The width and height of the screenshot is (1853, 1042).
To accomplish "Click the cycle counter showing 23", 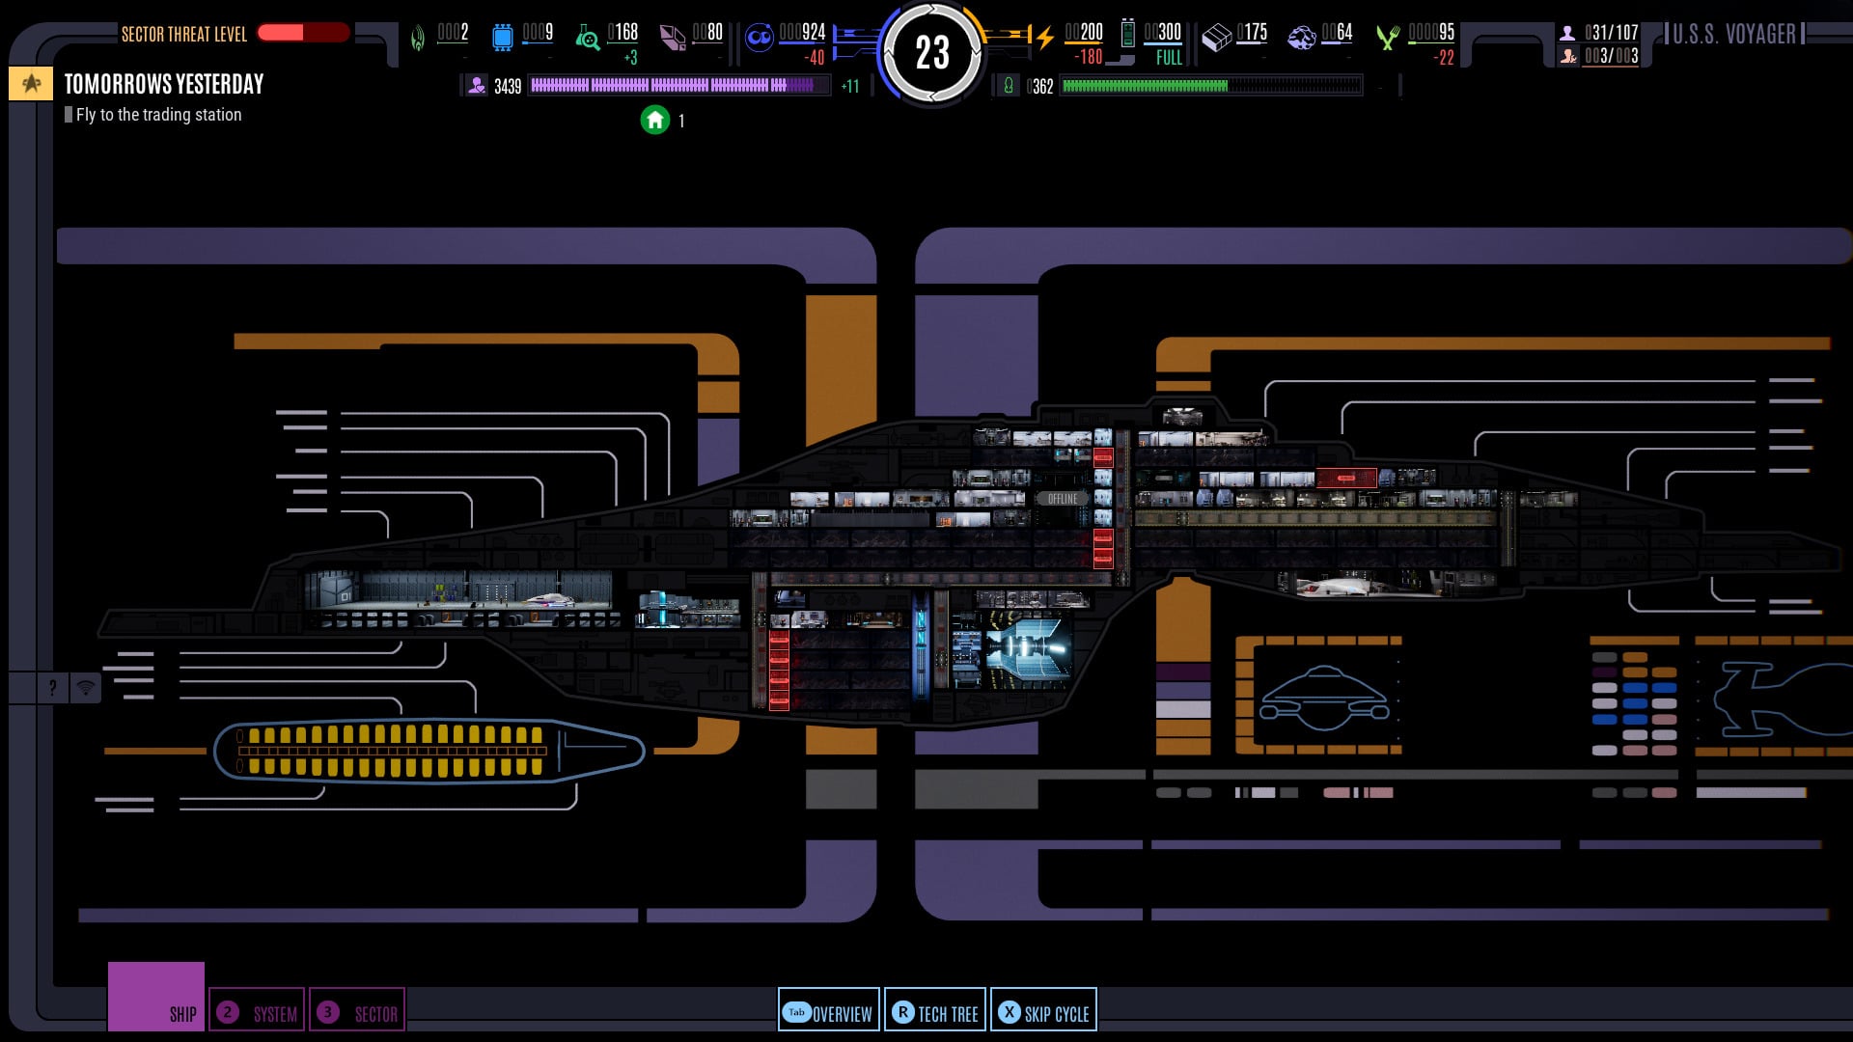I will click(932, 53).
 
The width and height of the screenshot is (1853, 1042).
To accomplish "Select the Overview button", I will click(829, 1011).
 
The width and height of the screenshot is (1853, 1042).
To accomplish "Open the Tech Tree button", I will click(935, 1011).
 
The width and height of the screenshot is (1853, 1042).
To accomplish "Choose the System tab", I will click(258, 1012).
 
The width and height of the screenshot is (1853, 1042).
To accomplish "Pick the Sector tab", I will click(357, 1012).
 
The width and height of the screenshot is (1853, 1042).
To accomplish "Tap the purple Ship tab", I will click(156, 997).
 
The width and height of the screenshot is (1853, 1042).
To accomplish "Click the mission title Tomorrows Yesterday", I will click(164, 85).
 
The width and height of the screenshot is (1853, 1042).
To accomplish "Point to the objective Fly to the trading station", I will click(158, 115).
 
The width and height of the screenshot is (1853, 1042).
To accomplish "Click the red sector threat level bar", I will click(303, 33).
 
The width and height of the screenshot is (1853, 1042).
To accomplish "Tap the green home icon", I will click(655, 120).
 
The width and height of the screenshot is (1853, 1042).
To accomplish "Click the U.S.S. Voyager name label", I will click(1734, 35).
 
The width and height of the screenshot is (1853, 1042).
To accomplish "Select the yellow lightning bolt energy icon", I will click(1044, 38).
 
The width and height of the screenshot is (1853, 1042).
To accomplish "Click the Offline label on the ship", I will click(1062, 499).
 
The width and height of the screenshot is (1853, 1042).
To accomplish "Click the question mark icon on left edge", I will click(52, 688).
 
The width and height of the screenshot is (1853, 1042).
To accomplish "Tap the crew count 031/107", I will click(1610, 33).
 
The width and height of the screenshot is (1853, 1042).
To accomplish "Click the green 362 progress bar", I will click(1211, 87).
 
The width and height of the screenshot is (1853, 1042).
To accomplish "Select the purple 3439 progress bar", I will click(678, 86).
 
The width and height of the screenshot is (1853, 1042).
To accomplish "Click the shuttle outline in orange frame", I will click(1323, 697).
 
